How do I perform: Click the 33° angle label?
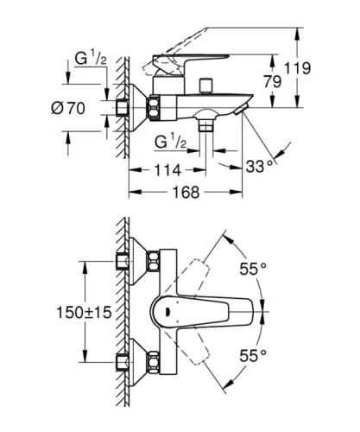click(260, 164)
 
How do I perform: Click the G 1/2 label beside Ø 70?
click(87, 60)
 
